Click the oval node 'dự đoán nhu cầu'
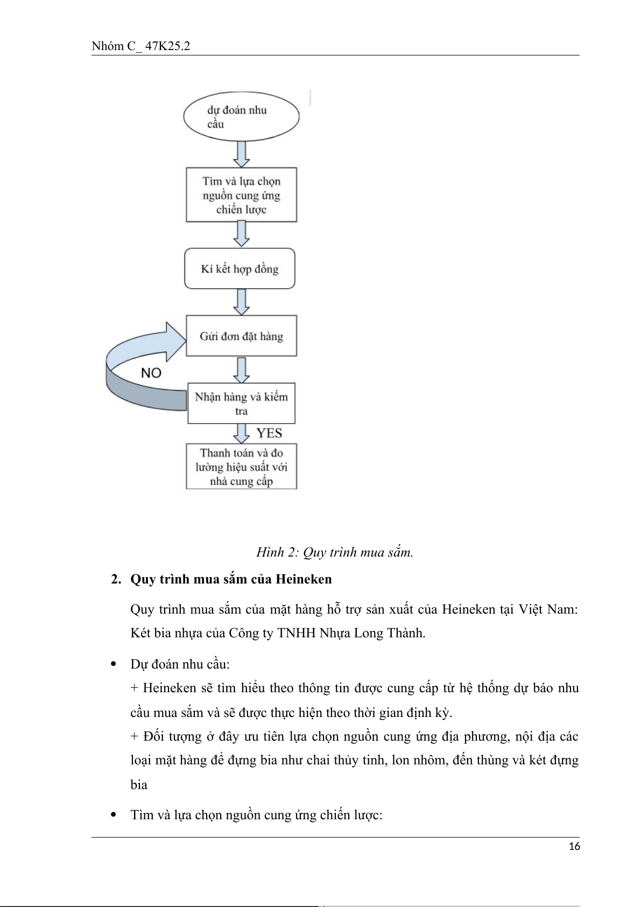pyautogui.click(x=241, y=117)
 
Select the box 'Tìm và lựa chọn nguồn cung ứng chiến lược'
pyautogui.click(x=241, y=195)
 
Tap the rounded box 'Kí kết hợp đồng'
pyautogui.click(x=240, y=269)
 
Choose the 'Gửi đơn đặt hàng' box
pyautogui.click(x=241, y=336)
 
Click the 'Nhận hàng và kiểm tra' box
pyautogui.click(x=241, y=403)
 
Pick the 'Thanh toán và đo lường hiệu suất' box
pyautogui.click(x=241, y=467)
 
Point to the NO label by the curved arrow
pyautogui.click(x=151, y=373)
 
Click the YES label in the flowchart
pyautogui.click(x=269, y=433)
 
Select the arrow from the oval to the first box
pyautogui.click(x=242, y=154)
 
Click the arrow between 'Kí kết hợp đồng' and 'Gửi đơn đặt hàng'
pyautogui.click(x=242, y=302)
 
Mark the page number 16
pyautogui.click(x=574, y=847)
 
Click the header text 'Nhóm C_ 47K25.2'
pyautogui.click(x=140, y=46)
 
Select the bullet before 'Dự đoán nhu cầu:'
pyautogui.click(x=114, y=664)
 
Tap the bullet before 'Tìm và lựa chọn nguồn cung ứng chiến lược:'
pyautogui.click(x=114, y=815)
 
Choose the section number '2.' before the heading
pyautogui.click(x=116, y=579)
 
